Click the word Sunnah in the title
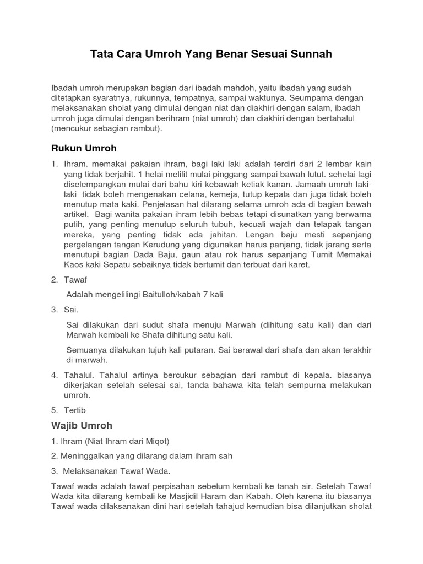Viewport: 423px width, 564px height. click(309, 55)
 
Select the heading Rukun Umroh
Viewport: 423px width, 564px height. click(84, 149)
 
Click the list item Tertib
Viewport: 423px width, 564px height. click(75, 410)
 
